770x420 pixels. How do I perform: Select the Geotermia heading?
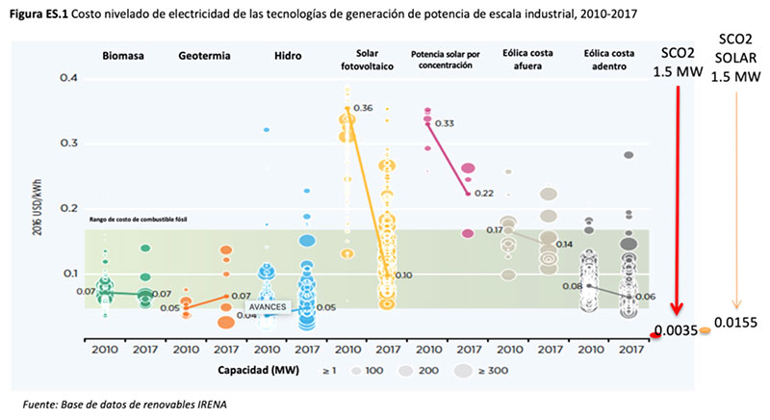point(204,56)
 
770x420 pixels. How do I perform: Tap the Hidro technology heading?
point(288,56)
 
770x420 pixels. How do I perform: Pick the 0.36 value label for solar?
point(363,107)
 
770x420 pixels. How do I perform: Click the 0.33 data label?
point(445,123)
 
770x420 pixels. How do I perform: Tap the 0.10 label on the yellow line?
point(402,276)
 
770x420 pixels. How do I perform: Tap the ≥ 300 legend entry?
point(481,369)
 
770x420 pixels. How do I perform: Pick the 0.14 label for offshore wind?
point(564,245)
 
